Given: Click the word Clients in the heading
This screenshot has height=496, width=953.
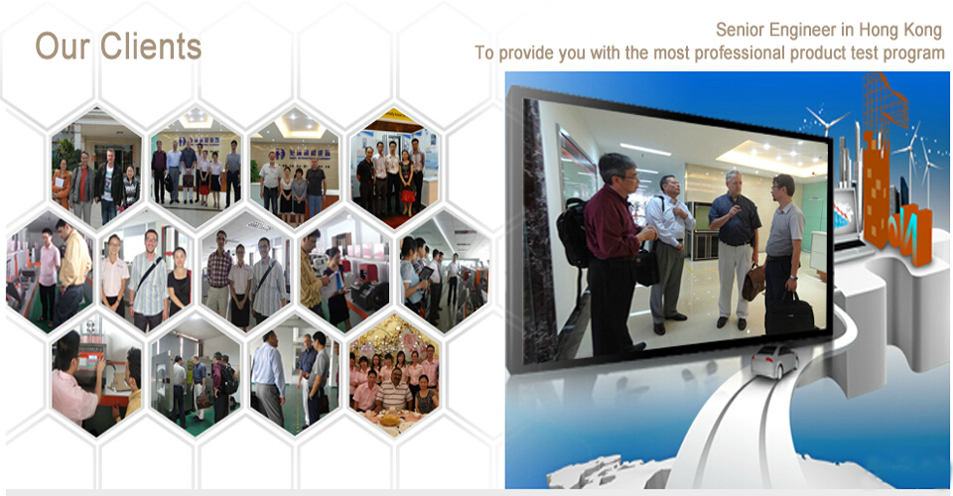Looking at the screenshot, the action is coord(151,47).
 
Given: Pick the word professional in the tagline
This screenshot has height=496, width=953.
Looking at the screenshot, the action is coord(738,54).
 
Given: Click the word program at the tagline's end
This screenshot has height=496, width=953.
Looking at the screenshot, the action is coord(913,54).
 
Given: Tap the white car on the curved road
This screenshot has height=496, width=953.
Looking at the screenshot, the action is coord(773,361).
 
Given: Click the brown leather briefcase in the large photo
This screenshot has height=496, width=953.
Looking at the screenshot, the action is coord(753,283).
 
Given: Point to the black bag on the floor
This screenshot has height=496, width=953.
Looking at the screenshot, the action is coord(790,312).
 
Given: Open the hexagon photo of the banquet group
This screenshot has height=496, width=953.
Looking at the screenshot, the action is coord(394,375).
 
